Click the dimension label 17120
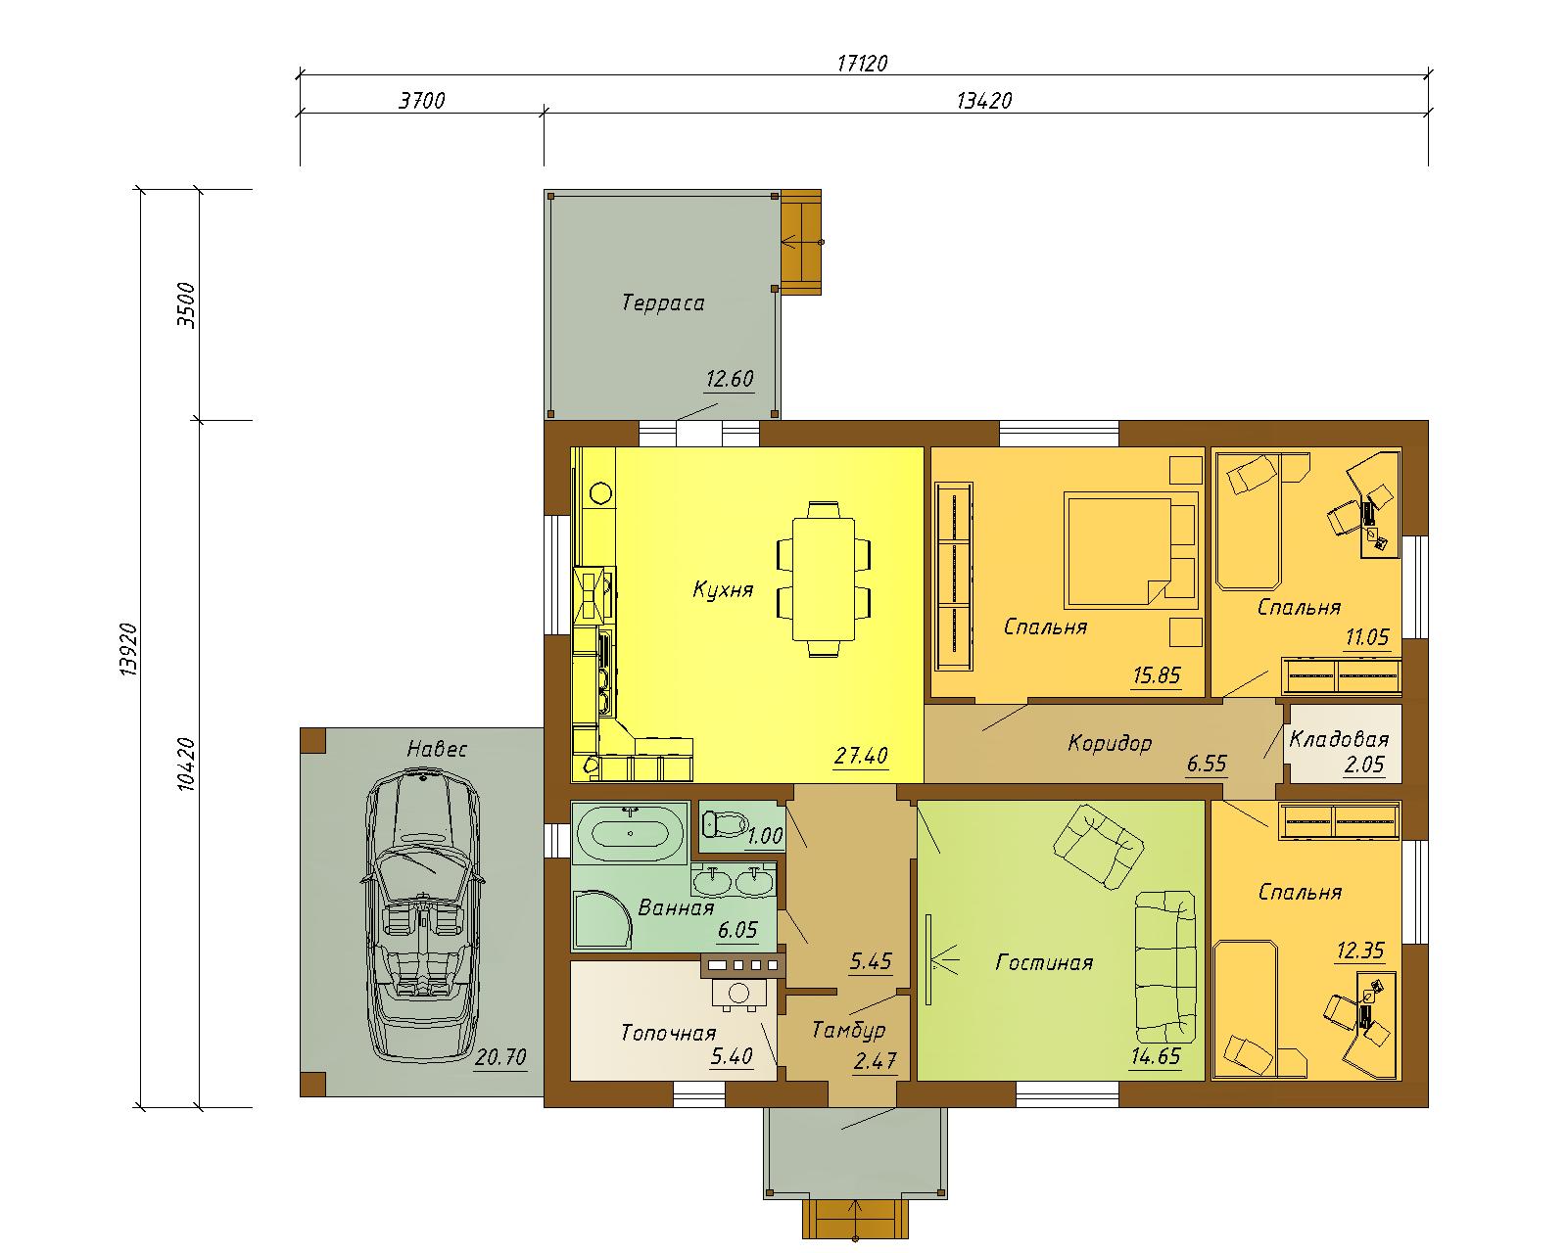(x=862, y=64)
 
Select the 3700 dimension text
(x=421, y=101)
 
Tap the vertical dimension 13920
(x=128, y=649)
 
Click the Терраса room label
(x=663, y=302)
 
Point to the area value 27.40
(x=861, y=756)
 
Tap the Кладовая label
(x=1339, y=739)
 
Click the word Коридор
(x=1110, y=743)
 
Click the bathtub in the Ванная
(x=630, y=834)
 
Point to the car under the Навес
(x=422, y=916)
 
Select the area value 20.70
(x=500, y=1056)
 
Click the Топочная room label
(x=669, y=1033)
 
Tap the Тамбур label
(x=849, y=1030)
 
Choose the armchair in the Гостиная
(x=1098, y=846)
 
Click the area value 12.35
(x=1360, y=951)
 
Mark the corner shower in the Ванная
(x=602, y=919)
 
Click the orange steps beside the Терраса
(x=801, y=243)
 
